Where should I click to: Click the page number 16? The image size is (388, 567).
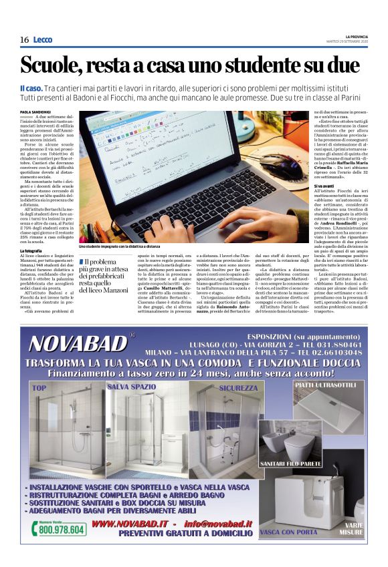point(24,39)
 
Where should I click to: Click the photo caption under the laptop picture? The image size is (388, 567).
point(121,247)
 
